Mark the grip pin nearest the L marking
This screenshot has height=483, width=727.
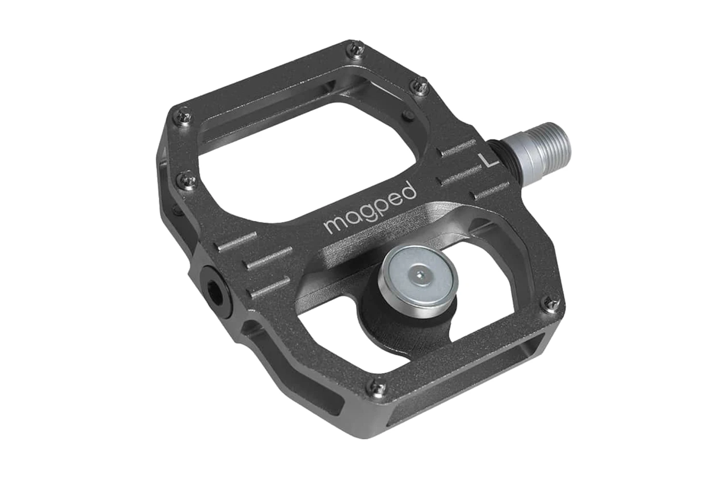coord(418,86)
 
